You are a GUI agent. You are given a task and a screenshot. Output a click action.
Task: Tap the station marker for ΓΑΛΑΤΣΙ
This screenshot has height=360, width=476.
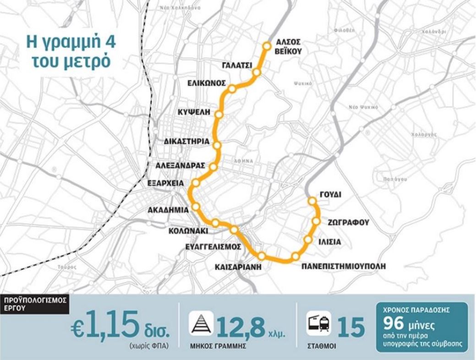tap(257, 72)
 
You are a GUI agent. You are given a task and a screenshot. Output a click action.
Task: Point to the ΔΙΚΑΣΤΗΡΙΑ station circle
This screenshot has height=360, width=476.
tap(217, 145)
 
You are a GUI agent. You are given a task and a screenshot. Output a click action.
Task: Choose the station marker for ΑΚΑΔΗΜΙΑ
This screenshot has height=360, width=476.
tap(196, 207)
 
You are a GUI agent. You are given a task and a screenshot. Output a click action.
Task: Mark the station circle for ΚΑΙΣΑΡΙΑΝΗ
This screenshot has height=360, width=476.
tap(262, 255)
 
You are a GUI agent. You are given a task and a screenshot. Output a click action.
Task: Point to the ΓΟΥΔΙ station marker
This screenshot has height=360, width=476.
tap(312, 200)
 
